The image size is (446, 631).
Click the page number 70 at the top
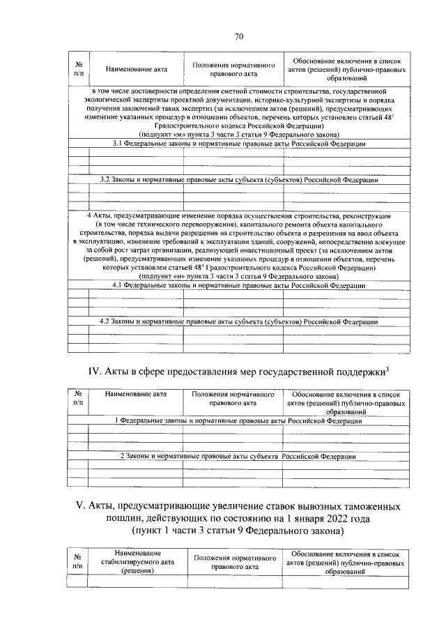(238, 36)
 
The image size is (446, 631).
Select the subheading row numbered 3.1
(239, 144)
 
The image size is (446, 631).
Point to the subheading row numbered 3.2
(239, 180)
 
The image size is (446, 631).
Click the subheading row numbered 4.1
(239, 286)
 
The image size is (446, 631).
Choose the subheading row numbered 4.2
(239, 322)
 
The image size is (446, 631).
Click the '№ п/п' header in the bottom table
(77, 562)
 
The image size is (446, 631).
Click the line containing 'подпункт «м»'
(239, 135)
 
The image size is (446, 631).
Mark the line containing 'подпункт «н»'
(239, 277)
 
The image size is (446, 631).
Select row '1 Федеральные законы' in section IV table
(239, 421)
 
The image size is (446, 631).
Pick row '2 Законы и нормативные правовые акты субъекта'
(239, 456)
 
